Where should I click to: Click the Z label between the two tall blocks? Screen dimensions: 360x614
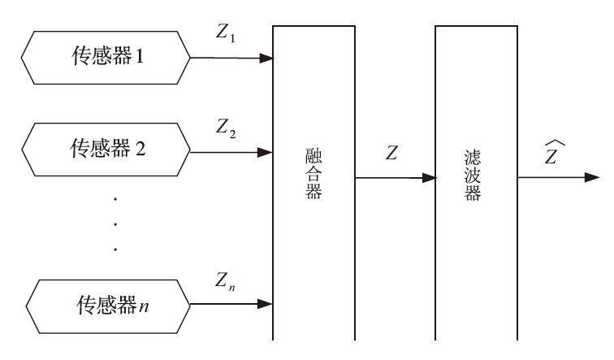(392, 154)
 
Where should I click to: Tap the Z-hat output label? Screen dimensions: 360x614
(553, 151)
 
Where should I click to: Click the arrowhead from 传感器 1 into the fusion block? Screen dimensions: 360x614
(266, 59)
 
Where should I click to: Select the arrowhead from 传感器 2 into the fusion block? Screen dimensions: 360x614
(266, 152)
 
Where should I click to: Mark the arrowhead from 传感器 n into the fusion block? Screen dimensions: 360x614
(266, 305)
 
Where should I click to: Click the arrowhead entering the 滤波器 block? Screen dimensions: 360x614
(430, 177)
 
